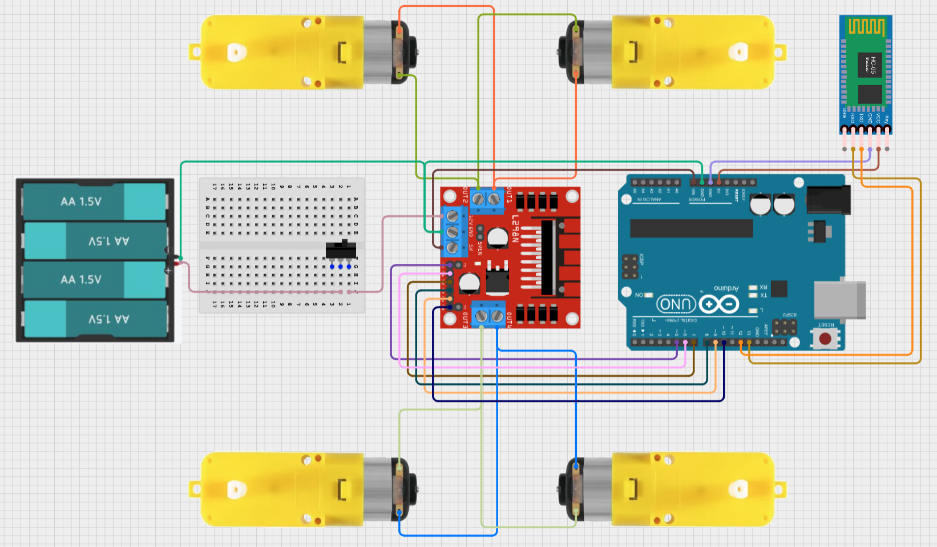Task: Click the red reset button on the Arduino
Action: [825, 339]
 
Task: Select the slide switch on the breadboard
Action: [341, 250]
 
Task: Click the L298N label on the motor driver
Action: [515, 228]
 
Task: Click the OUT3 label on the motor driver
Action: [465, 320]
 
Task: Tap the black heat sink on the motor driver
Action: [547, 257]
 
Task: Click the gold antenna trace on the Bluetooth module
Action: [866, 27]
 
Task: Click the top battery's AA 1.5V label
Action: [81, 202]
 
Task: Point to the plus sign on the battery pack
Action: [168, 270]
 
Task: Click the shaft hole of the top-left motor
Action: [234, 53]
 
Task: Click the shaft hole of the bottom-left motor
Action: [234, 489]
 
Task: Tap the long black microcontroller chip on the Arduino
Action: [691, 228]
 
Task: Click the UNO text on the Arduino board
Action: [676, 304]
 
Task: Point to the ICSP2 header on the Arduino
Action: [785, 327]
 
